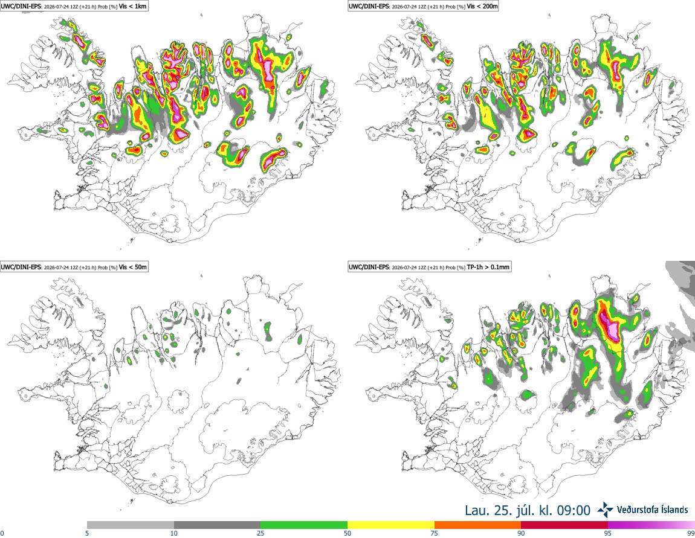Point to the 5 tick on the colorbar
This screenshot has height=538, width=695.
point(87,533)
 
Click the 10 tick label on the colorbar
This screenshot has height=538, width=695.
point(174,533)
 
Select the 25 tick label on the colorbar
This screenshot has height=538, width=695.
point(260,533)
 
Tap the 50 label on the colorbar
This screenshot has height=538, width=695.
point(347,533)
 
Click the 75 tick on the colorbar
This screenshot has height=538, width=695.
point(435,533)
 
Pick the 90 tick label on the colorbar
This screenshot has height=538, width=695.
point(521,533)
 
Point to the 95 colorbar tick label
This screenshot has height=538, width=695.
point(608,533)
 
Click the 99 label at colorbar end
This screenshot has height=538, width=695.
point(691,533)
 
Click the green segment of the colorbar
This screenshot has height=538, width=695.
point(304,525)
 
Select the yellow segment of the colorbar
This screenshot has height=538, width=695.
point(391,525)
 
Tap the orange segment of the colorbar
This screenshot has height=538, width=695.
point(478,525)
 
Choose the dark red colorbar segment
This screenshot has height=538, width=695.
point(564,525)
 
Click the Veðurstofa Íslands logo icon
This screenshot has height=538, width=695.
point(605,510)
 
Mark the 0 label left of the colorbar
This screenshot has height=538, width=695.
point(2,533)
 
